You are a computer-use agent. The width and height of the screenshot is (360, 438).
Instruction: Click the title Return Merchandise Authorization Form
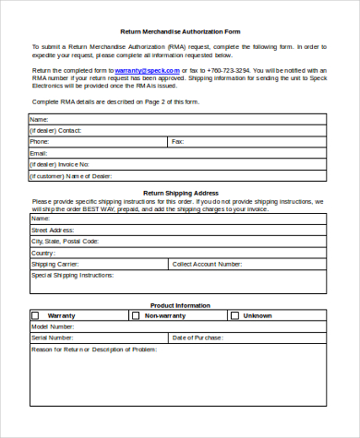click(x=179, y=30)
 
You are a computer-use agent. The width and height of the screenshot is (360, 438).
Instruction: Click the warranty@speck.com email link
click(x=140, y=70)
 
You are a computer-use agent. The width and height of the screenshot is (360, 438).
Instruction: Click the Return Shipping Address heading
click(x=179, y=193)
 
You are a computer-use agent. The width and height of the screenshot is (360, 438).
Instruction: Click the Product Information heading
click(x=179, y=305)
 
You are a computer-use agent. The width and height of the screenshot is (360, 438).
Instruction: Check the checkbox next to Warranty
click(x=35, y=315)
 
